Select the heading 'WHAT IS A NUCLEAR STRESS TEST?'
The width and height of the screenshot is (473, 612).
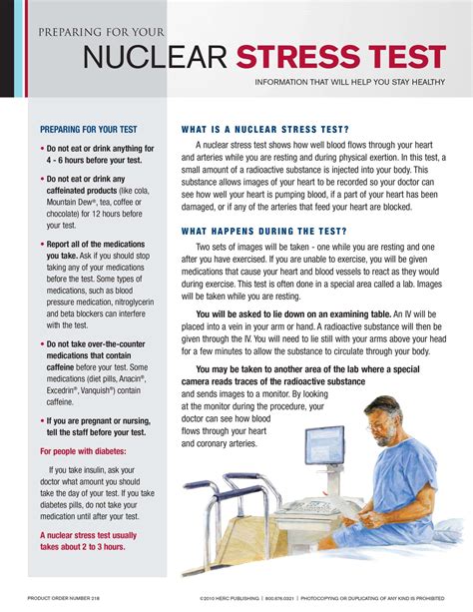point(264,130)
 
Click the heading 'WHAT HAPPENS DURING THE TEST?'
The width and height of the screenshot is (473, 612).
point(264,231)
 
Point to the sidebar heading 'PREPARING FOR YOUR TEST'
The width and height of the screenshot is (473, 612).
point(89,130)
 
